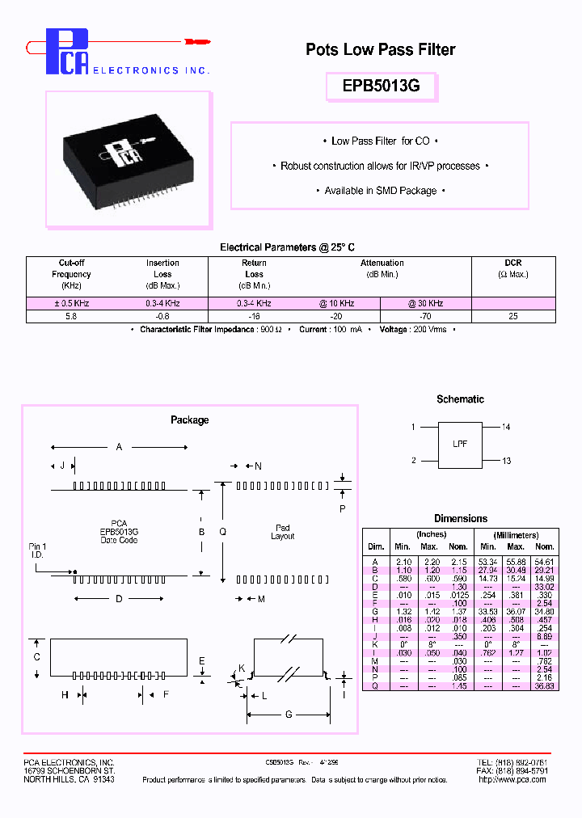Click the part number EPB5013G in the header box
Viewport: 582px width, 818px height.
coord(381,86)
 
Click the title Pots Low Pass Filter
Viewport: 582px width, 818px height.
coord(380,50)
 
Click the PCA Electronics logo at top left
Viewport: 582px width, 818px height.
coord(68,52)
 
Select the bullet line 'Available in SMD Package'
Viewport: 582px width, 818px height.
coord(380,191)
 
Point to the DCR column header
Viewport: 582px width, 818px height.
coord(512,263)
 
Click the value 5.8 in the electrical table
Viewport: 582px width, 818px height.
coord(71,316)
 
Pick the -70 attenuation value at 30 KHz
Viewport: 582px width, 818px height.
coord(425,316)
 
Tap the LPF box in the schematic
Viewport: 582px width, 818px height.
coord(460,444)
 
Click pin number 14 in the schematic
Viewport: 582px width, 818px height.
coord(506,427)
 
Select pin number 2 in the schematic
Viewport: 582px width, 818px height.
coord(413,461)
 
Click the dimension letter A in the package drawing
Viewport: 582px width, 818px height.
coord(120,447)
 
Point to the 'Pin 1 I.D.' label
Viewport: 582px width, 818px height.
coord(38,551)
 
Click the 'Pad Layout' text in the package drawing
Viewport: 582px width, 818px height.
coord(283,532)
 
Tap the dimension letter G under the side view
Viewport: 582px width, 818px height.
coord(288,715)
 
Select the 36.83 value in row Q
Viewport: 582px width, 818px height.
coord(545,686)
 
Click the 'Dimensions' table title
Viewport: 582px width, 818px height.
coord(460,518)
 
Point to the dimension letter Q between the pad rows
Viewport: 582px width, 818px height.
coord(223,531)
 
